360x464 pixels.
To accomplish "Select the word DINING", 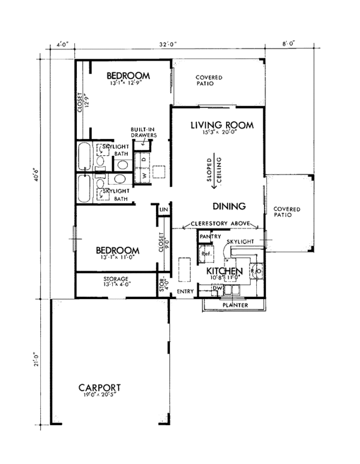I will click(229, 206).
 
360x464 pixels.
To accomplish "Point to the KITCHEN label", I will click(224, 272).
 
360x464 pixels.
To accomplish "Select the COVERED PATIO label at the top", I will click(209, 81).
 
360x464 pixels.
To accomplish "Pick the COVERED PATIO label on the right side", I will click(287, 212).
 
